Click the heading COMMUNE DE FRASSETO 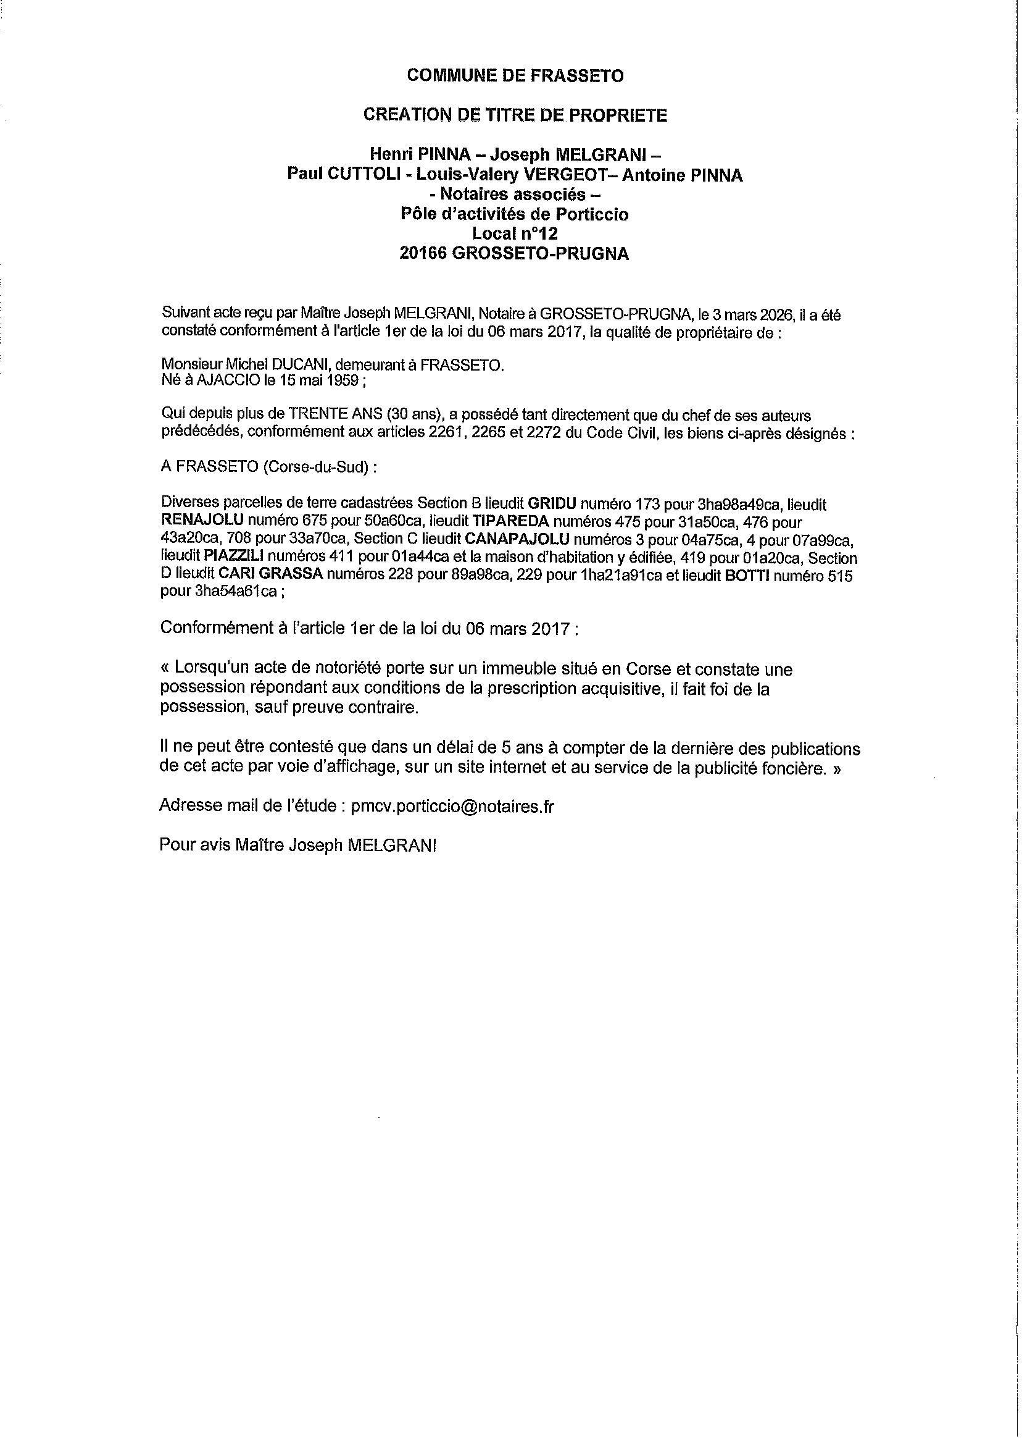[515, 76]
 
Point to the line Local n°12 [515, 234]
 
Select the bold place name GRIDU [551, 505]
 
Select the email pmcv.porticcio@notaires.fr [452, 807]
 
